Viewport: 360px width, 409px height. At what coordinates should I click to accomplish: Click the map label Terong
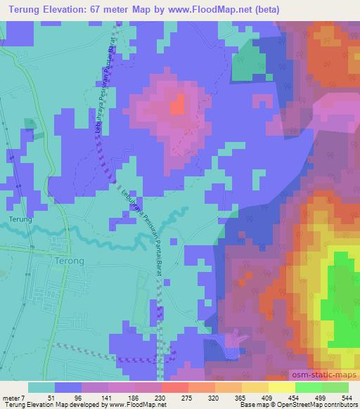69,261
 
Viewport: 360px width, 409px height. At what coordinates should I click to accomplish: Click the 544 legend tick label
346,398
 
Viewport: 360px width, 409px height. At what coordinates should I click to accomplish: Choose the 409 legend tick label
266,398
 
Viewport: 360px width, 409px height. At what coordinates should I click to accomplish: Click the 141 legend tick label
105,398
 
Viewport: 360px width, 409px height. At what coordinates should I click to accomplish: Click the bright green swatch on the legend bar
308,387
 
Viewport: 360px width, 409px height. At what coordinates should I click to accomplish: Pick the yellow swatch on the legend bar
281,387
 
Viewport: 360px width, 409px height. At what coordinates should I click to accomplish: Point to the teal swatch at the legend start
41,387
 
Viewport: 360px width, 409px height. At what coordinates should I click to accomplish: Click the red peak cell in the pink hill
177,105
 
